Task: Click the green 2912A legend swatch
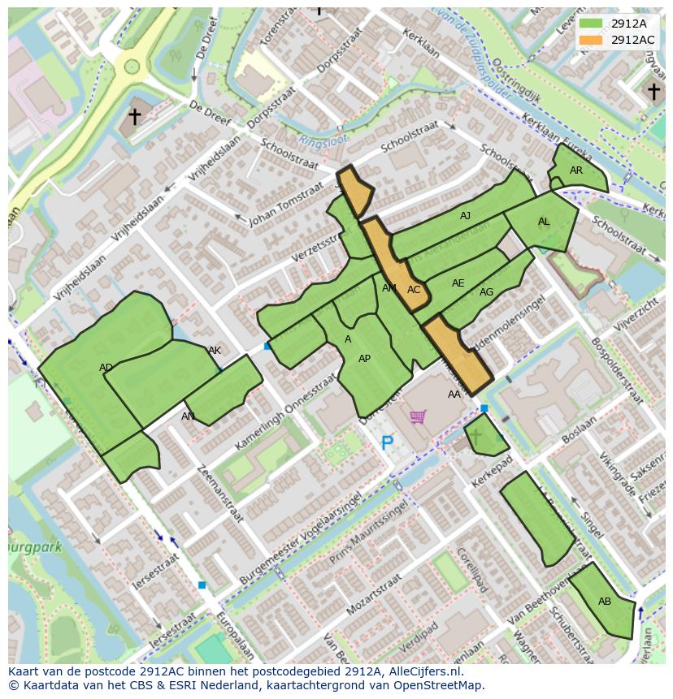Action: click(x=592, y=24)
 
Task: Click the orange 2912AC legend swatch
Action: click(x=592, y=40)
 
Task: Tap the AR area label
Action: click(x=576, y=170)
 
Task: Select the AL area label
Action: click(x=544, y=222)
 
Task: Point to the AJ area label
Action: click(x=465, y=216)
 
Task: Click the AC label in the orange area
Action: click(x=414, y=290)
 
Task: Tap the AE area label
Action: click(x=458, y=283)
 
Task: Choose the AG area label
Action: click(x=486, y=292)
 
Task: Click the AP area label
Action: click(x=364, y=359)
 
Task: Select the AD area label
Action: click(x=106, y=368)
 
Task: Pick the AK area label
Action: click(x=215, y=351)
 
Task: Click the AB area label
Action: click(x=605, y=602)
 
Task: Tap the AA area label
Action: click(x=454, y=395)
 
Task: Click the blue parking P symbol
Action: click(x=388, y=443)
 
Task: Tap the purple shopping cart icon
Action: click(x=418, y=416)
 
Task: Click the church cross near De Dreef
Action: click(x=134, y=116)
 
